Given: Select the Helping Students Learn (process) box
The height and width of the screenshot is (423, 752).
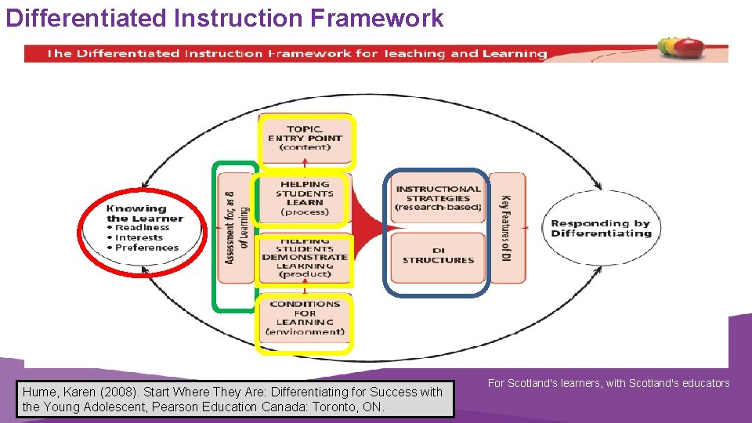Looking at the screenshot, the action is point(305,198).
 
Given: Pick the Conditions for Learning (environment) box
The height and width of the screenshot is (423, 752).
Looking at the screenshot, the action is point(305,318).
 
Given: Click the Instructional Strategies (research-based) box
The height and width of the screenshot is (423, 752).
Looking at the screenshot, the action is point(438,198).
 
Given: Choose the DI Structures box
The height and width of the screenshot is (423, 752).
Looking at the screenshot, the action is point(438,255).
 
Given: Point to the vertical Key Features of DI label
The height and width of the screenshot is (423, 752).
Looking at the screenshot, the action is point(506,228).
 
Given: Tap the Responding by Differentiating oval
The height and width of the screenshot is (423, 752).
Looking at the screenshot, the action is point(601,229).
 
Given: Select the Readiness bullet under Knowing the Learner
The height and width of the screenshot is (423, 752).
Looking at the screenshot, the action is point(142,228).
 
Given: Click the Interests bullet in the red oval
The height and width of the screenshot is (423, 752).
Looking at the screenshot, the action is point(139,237).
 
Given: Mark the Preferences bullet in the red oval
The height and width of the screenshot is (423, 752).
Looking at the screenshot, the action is point(146,248).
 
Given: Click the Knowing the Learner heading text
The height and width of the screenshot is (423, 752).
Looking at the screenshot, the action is point(136,213).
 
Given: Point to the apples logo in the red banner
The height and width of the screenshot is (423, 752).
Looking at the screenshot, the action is point(679,48).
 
